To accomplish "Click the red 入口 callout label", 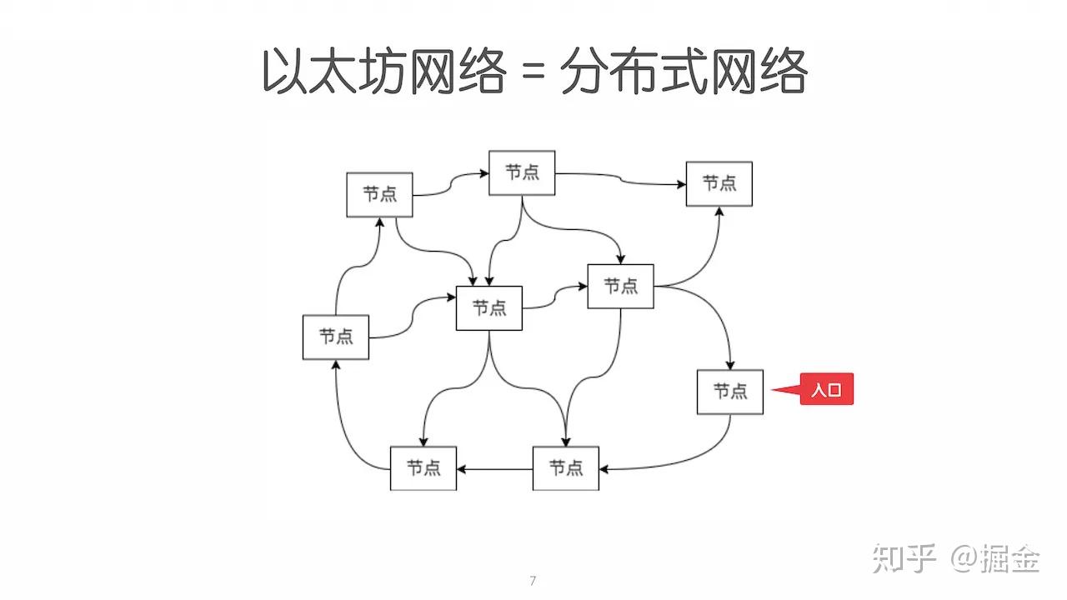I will point(827,390).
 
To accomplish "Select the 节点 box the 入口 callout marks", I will point(730,392).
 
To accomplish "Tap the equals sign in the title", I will point(533,73).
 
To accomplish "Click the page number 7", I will point(533,581).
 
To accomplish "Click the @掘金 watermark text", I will point(996,557).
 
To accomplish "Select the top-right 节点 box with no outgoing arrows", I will point(719,184).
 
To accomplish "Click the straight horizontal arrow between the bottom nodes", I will point(494,468).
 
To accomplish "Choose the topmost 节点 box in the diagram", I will point(522,173).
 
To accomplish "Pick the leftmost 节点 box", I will point(336,337).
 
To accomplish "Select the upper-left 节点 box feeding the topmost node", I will point(380,195).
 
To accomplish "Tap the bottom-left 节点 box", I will point(423,468).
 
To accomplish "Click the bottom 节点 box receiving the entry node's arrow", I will point(566,468).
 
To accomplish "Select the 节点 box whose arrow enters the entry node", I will point(620,287).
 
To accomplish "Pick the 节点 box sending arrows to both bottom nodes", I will point(489,308).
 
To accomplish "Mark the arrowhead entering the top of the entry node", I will point(731,366).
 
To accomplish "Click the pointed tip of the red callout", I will point(773,389).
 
